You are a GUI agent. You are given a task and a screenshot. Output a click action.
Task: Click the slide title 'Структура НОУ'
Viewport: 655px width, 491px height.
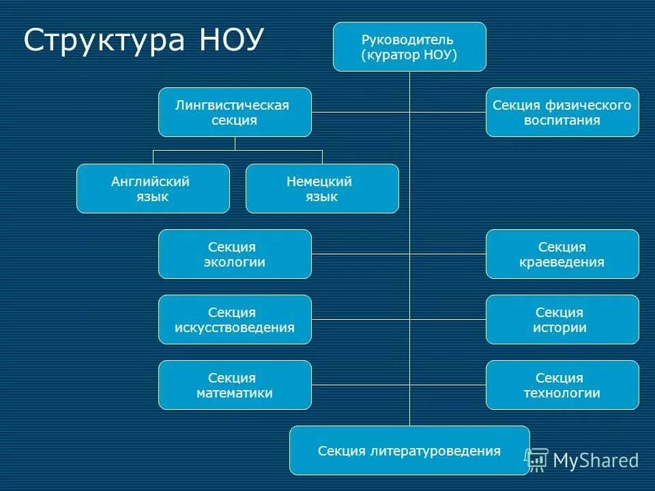pyautogui.click(x=143, y=40)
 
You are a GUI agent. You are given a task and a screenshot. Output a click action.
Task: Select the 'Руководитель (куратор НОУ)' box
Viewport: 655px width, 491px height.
pyautogui.click(x=409, y=46)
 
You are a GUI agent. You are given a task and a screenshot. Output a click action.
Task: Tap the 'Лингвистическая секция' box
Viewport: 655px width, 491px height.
pyautogui.click(x=235, y=112)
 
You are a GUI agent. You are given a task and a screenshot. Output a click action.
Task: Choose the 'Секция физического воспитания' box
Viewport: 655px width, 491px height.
pyautogui.click(x=562, y=112)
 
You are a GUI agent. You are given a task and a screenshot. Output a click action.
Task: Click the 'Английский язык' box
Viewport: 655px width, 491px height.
pyautogui.click(x=153, y=188)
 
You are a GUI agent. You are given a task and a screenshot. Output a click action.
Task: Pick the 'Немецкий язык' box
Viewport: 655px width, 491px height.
pyautogui.click(x=322, y=188)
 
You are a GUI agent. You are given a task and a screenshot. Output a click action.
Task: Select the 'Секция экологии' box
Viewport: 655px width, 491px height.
pyautogui.click(x=235, y=254)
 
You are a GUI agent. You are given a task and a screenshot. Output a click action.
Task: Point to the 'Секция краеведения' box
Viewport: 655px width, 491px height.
pyautogui.click(x=562, y=254)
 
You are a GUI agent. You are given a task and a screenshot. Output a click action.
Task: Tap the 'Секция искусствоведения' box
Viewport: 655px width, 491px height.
pyautogui.click(x=235, y=319)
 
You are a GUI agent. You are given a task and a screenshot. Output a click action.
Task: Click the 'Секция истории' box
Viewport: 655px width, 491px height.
pyautogui.click(x=562, y=319)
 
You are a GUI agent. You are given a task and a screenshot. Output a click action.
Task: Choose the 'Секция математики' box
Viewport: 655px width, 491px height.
pyautogui.click(x=235, y=385)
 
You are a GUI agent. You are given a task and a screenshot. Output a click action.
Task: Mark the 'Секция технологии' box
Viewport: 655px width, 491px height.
pyautogui.click(x=562, y=385)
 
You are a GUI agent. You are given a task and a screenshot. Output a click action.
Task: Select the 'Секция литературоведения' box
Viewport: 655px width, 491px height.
pyautogui.click(x=409, y=450)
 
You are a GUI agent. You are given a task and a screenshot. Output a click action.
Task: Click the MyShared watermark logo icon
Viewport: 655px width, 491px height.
pyautogui.click(x=537, y=460)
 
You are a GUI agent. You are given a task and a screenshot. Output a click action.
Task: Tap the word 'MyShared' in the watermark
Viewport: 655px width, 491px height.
pyautogui.click(x=596, y=461)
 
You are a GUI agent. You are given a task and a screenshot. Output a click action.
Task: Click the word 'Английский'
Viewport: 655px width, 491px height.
pyautogui.click(x=150, y=182)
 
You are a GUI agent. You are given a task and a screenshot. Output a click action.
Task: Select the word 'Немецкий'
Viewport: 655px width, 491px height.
pyautogui.click(x=319, y=182)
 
